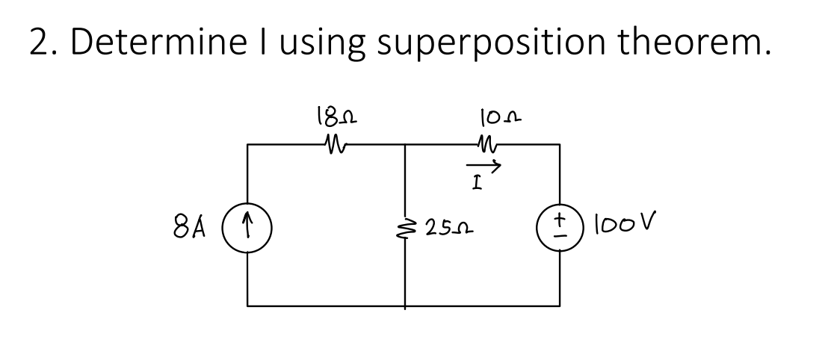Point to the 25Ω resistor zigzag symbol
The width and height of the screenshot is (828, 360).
406,225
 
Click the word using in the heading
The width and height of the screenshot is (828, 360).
315,44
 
